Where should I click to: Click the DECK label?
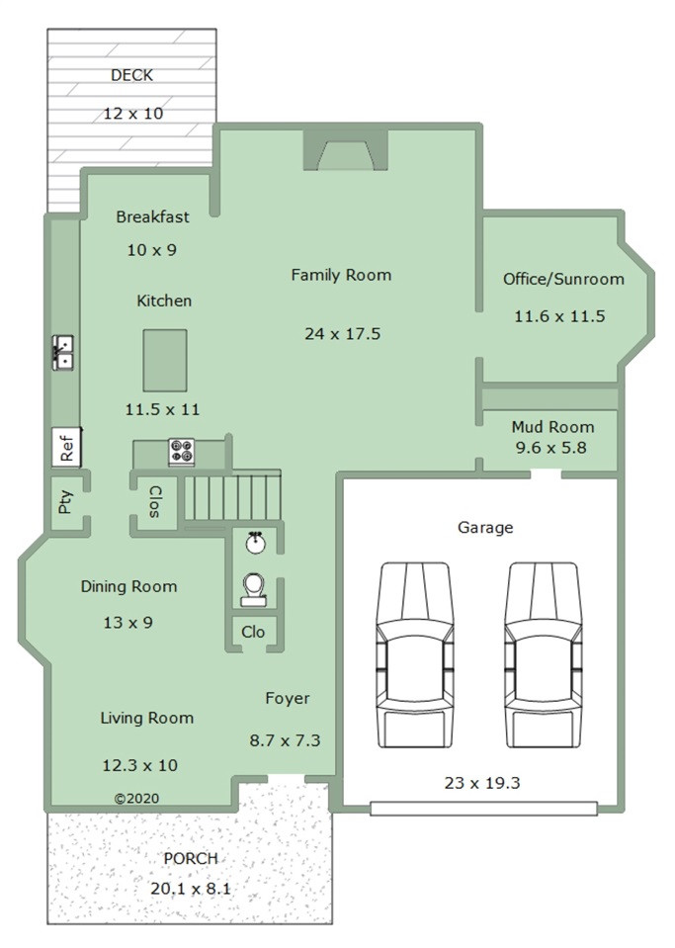pyautogui.click(x=131, y=75)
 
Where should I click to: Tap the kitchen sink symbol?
pyautogui.click(x=63, y=353)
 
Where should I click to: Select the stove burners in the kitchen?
pyautogui.click(x=181, y=452)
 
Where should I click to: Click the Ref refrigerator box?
pyautogui.click(x=66, y=448)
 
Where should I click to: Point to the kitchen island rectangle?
pyautogui.click(x=165, y=361)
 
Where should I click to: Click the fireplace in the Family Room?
pyautogui.click(x=345, y=150)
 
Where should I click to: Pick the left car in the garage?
pyautogui.click(x=414, y=655)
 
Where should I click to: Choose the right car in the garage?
pyautogui.click(x=544, y=655)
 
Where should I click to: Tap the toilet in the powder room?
pyautogui.click(x=254, y=590)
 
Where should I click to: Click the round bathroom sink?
pyautogui.click(x=256, y=543)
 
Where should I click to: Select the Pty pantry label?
pyautogui.click(x=64, y=502)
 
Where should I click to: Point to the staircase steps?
pyautogui.click(x=232, y=497)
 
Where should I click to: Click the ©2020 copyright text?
pyautogui.click(x=137, y=798)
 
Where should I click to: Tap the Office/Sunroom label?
pyautogui.click(x=563, y=279)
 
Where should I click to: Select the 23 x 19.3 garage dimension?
pyautogui.click(x=482, y=783)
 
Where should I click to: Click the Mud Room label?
pyautogui.click(x=552, y=427)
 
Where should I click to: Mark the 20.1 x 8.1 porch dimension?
pyautogui.click(x=191, y=889)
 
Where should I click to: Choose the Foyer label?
pyautogui.click(x=288, y=698)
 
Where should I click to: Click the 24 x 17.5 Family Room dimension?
pyautogui.click(x=343, y=334)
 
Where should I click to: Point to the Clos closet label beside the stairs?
pyautogui.click(x=155, y=501)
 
